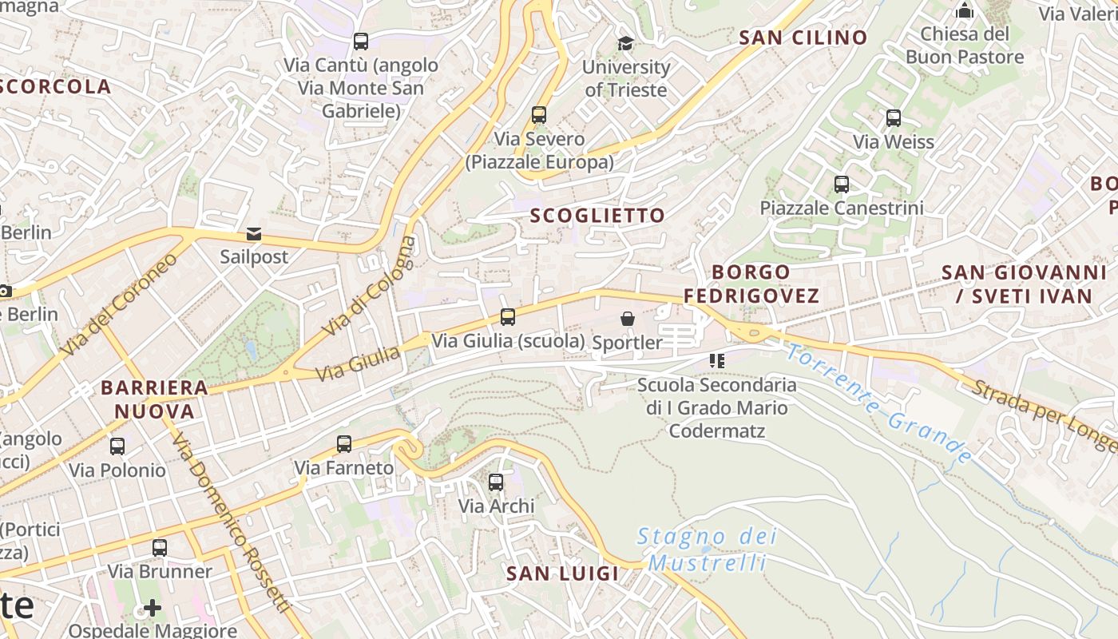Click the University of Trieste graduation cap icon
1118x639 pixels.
[625, 43]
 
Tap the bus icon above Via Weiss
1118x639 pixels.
[894, 118]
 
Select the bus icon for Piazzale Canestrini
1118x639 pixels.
[842, 185]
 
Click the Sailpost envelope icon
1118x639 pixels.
[254, 234]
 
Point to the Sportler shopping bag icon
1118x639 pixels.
[628, 319]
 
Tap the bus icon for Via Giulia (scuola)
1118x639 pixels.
[508, 317]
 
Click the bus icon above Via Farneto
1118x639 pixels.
[344, 444]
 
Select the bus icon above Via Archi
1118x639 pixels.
[496, 482]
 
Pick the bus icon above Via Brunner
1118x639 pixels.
[160, 548]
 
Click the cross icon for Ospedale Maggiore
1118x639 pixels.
[152, 608]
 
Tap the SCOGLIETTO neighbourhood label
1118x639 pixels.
[597, 216]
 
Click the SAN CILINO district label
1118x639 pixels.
[803, 38]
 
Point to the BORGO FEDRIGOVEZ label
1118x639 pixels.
[751, 284]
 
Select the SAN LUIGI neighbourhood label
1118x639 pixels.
[563, 574]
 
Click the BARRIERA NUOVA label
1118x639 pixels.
[154, 399]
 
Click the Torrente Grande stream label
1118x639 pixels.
[878, 403]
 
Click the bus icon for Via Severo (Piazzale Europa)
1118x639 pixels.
[539, 115]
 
